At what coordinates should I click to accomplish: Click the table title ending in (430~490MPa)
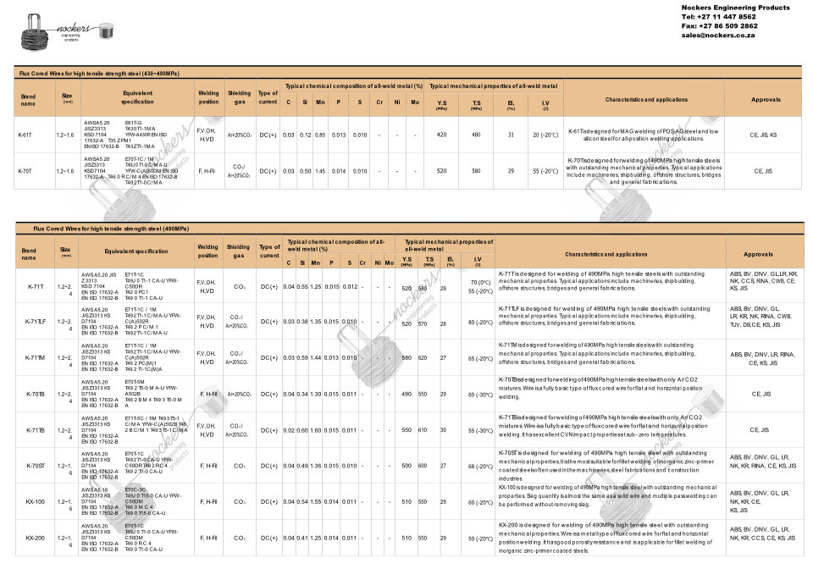[100, 75]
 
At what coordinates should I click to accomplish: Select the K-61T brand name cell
[26, 135]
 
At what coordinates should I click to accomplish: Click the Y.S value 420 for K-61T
[441, 135]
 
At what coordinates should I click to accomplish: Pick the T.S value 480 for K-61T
[476, 135]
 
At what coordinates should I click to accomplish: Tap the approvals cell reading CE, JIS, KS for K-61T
[766, 135]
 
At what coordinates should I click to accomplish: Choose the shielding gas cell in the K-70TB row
[240, 394]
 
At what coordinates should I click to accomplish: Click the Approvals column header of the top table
[766, 99]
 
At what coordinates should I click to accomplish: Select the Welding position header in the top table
[208, 97]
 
